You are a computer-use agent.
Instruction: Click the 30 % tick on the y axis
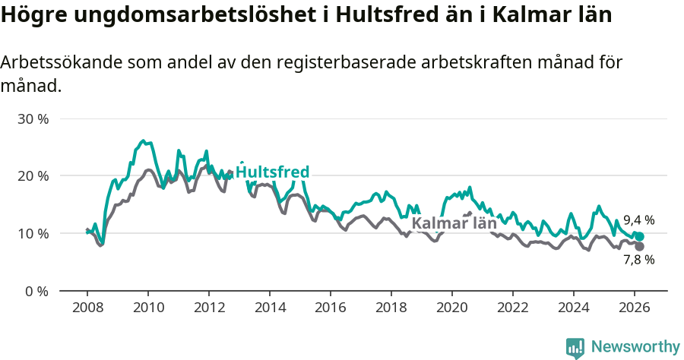(x=34, y=119)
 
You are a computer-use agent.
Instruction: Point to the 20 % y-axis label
(x=34, y=176)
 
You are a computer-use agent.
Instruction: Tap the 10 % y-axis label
(x=34, y=233)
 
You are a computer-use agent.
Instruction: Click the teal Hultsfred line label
(x=272, y=172)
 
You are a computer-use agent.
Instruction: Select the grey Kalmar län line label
(x=454, y=223)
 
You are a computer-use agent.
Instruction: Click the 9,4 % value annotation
(x=638, y=220)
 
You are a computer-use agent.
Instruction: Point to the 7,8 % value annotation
(x=638, y=260)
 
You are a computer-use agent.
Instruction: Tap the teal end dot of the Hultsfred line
(x=639, y=237)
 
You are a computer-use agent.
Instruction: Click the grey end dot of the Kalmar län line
(x=639, y=246)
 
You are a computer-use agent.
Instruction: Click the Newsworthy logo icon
(x=575, y=348)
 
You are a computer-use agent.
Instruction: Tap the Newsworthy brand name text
(x=635, y=347)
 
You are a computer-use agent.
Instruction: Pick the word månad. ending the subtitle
(x=30, y=86)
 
